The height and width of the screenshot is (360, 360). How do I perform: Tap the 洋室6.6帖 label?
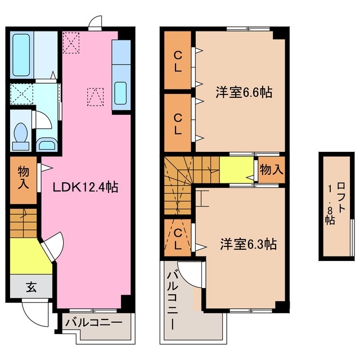point(244,93)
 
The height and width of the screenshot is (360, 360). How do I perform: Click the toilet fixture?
point(21,136)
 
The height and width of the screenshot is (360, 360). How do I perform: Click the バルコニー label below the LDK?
point(93,323)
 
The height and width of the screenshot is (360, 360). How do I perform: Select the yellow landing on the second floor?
point(236,170)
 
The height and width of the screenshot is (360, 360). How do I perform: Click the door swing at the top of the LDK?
point(95,22)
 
